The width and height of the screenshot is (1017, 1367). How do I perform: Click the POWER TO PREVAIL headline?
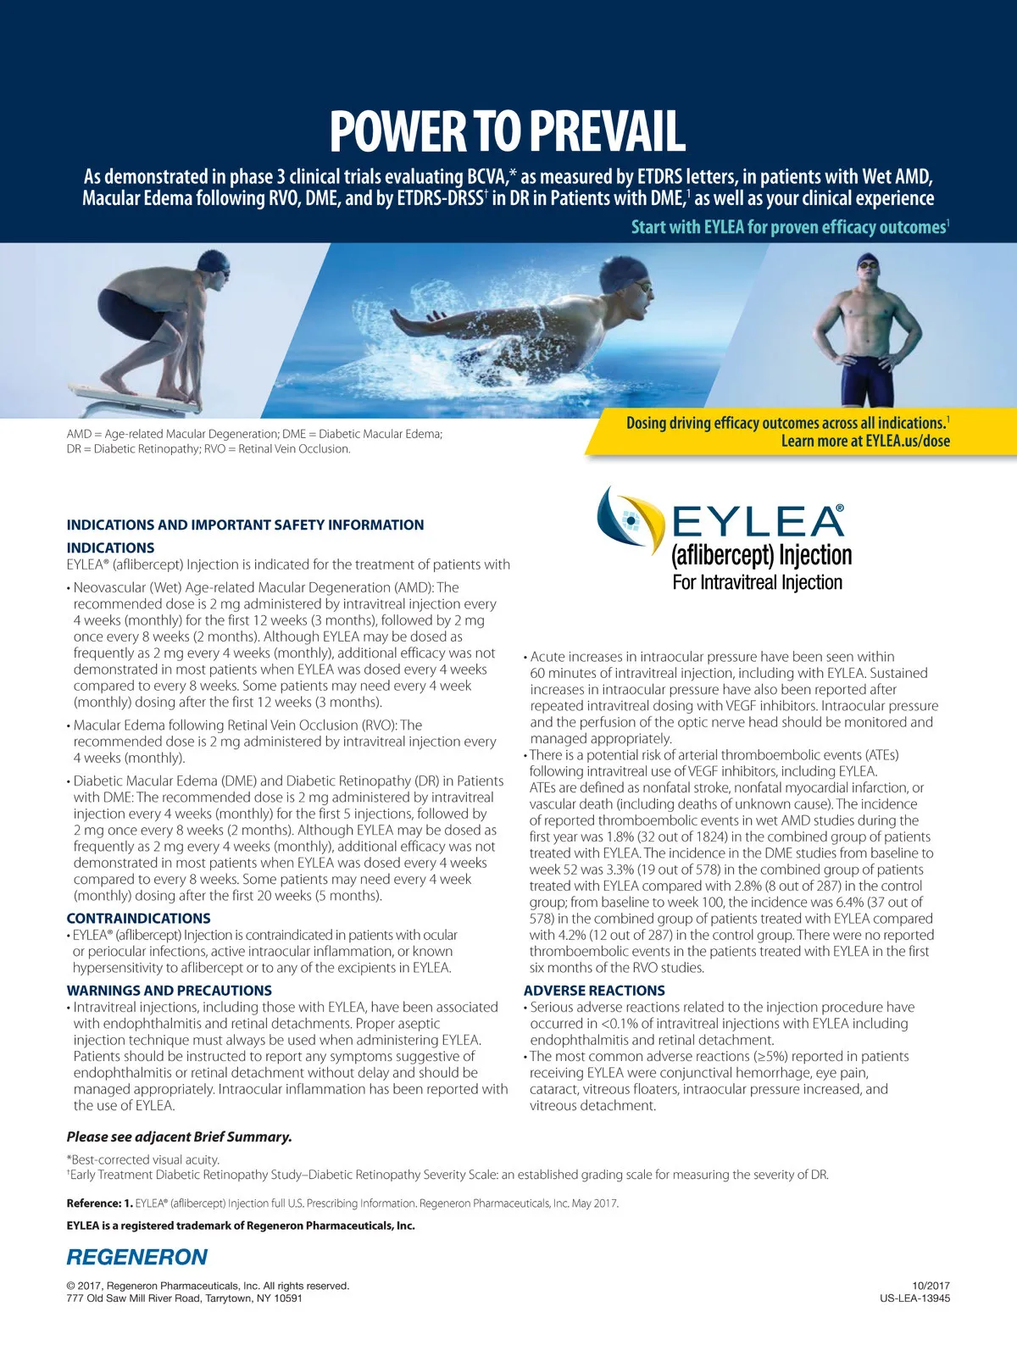507,132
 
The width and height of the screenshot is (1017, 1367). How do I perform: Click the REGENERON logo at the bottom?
137,1257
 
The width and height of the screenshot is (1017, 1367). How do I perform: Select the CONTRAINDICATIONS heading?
139,918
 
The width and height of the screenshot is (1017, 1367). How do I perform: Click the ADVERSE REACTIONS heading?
594,990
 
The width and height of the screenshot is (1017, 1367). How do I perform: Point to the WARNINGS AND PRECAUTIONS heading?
169,990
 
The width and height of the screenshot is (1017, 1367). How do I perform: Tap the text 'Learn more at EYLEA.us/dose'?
864,441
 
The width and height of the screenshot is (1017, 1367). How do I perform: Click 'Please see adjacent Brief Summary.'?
180,1137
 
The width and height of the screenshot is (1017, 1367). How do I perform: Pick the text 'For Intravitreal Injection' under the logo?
758,582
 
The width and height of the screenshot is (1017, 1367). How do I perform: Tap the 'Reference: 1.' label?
99,1203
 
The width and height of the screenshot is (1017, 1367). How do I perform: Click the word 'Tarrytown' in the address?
231,1298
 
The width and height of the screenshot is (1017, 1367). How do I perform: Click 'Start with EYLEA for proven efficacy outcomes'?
788,227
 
